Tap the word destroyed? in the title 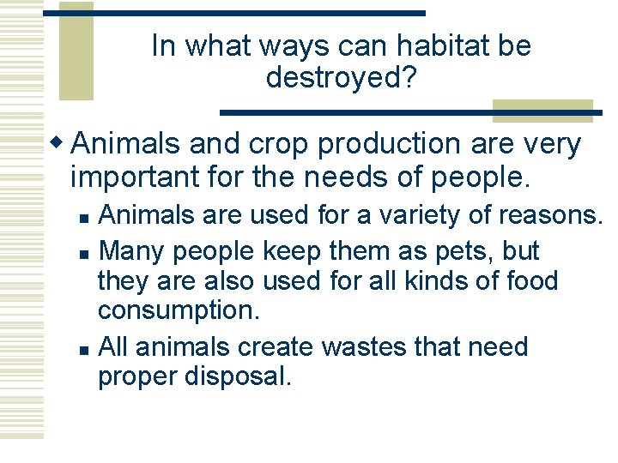pos(341,78)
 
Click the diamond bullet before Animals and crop pos(58,143)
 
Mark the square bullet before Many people pos(82,252)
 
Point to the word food pos(529,280)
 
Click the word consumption pos(178,310)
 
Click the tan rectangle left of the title pos(76,51)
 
